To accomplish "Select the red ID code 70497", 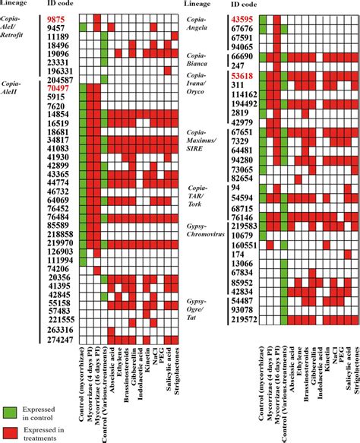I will pyautogui.click(x=58, y=89).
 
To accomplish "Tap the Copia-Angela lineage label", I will pyautogui.click(x=201, y=25).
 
